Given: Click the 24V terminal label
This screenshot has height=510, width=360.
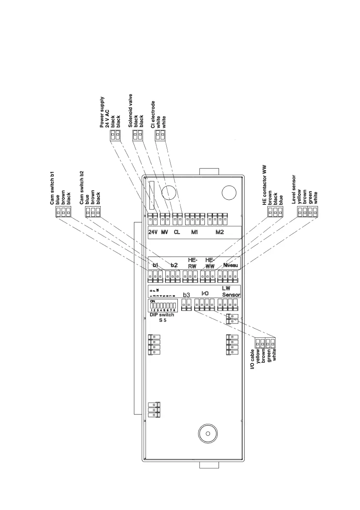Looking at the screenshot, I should coord(153,233).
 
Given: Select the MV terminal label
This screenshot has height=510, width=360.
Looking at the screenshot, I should coord(165,233).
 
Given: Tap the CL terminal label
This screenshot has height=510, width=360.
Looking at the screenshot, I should coord(177,233).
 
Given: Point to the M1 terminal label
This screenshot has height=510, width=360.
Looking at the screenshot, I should coord(195,233).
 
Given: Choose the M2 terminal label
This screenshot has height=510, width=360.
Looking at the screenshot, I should coord(219,233).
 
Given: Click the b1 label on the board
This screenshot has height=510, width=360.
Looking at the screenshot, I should coord(155,265).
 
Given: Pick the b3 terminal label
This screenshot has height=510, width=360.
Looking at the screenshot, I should coord(186,295).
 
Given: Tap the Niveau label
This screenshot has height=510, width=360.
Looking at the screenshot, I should coord(231,265).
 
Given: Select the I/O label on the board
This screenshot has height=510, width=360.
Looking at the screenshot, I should coord(205,294).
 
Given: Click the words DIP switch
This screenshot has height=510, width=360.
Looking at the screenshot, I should coord(162,315).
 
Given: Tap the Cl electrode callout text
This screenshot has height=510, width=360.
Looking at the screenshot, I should coord(153,114).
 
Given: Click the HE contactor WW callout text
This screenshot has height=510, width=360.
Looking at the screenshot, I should coord(265,185).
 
